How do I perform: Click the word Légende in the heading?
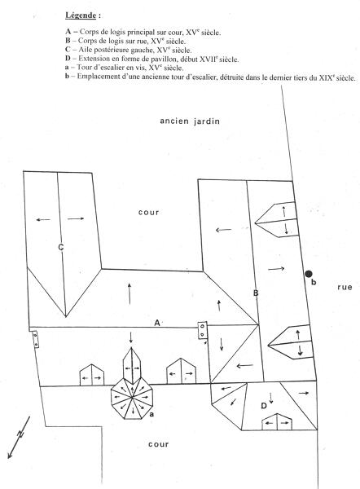coord(81,15)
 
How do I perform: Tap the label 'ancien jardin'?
coord(190,121)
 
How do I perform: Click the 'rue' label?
coord(345,287)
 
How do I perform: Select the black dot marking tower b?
coord(309,274)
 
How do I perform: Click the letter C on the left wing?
coord(61,247)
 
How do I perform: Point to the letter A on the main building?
coord(157,323)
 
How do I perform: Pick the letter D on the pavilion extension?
coord(264,406)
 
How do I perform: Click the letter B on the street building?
coord(256,293)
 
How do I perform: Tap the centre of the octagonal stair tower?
coord(133,399)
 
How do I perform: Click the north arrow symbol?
coord(19,437)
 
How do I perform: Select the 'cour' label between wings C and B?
coord(149,213)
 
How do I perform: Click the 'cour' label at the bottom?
coord(158,444)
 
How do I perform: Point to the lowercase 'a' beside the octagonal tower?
coord(151,414)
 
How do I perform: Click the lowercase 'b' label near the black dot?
coord(314,282)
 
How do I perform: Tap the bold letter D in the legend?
coord(68,59)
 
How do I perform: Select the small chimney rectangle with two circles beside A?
coord(203,330)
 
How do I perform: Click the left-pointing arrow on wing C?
coord(43,219)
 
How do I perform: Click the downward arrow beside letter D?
coord(271,398)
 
